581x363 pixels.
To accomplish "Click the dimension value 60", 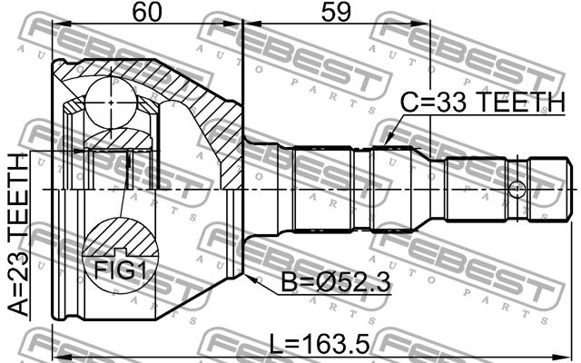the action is tap(147, 12).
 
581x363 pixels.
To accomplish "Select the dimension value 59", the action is tap(336, 12).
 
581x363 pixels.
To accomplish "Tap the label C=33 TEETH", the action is tap(483, 102).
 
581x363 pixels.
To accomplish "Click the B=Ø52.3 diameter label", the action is tap(336, 282).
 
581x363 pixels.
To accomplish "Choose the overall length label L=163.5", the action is tap(319, 344).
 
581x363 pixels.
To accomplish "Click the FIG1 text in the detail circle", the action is tap(120, 270).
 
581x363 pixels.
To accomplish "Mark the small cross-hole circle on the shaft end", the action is tap(517, 190).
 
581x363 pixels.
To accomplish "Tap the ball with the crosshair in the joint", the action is tap(111, 103).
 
